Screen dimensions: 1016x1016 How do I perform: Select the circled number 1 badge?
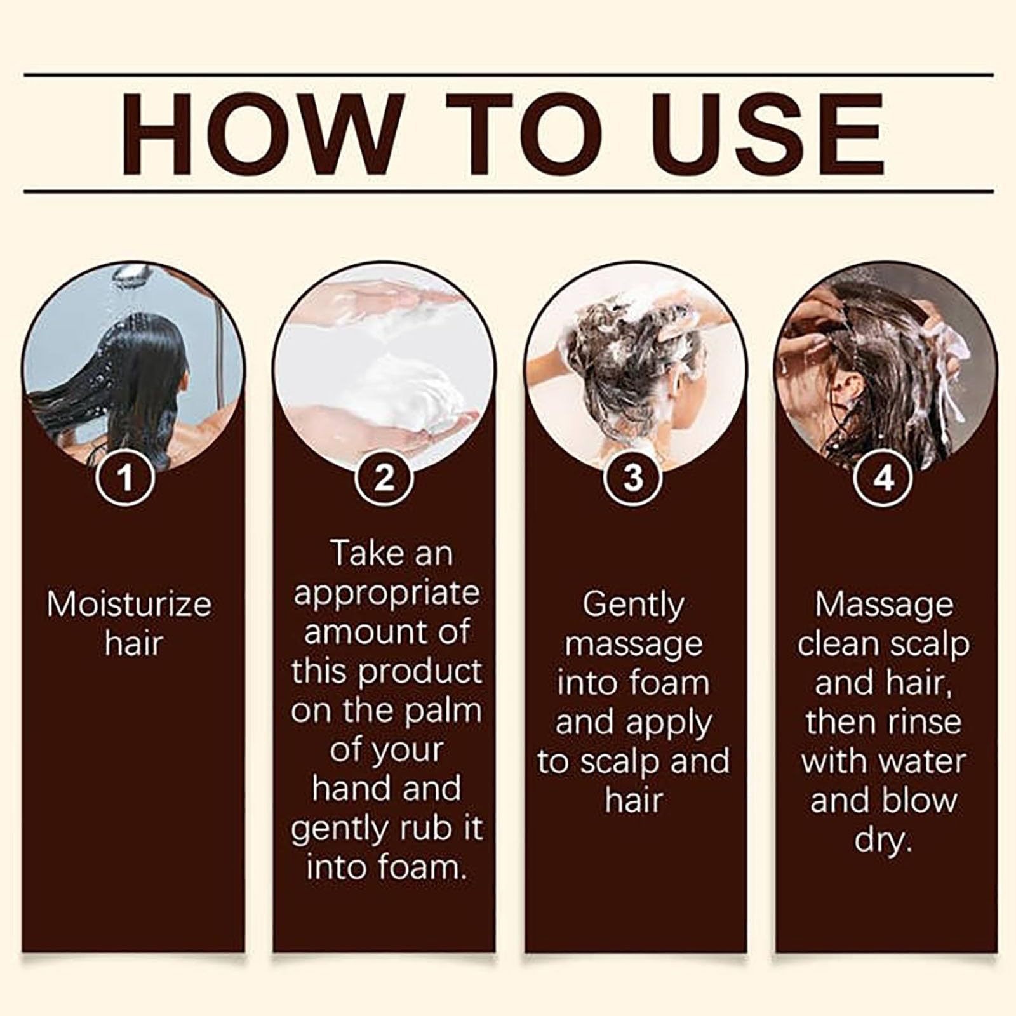point(126,478)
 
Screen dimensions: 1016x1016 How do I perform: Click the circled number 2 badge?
point(384,478)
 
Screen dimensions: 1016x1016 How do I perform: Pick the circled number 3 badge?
point(633,478)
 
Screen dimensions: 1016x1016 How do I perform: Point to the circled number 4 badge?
point(884,478)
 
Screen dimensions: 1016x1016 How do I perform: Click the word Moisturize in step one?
point(129,605)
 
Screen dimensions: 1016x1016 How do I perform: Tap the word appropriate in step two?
point(387,593)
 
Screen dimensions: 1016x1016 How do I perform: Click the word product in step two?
point(420,672)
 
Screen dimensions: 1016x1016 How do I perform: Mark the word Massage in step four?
point(883,605)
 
